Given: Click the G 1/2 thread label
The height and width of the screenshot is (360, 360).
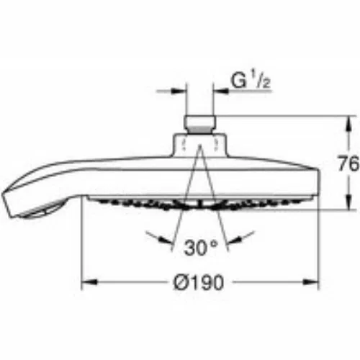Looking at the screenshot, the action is point(251,81).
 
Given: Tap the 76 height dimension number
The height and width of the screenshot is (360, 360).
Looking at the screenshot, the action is point(348,163).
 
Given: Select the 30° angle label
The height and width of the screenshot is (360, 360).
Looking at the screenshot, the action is point(201,248).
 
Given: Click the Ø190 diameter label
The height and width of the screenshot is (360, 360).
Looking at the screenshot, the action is point(198,282).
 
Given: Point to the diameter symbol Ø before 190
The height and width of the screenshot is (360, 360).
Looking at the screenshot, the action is point(181,282).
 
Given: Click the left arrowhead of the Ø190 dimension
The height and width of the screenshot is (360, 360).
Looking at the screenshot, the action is point(90,282).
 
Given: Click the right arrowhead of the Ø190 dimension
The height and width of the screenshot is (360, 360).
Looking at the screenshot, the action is point(311,282).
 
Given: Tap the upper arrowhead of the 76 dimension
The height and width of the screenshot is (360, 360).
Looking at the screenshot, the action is point(349,124).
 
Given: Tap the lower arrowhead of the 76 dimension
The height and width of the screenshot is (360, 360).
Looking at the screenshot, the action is point(349,202).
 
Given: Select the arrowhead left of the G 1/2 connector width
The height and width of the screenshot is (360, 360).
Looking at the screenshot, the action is point(179,91).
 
